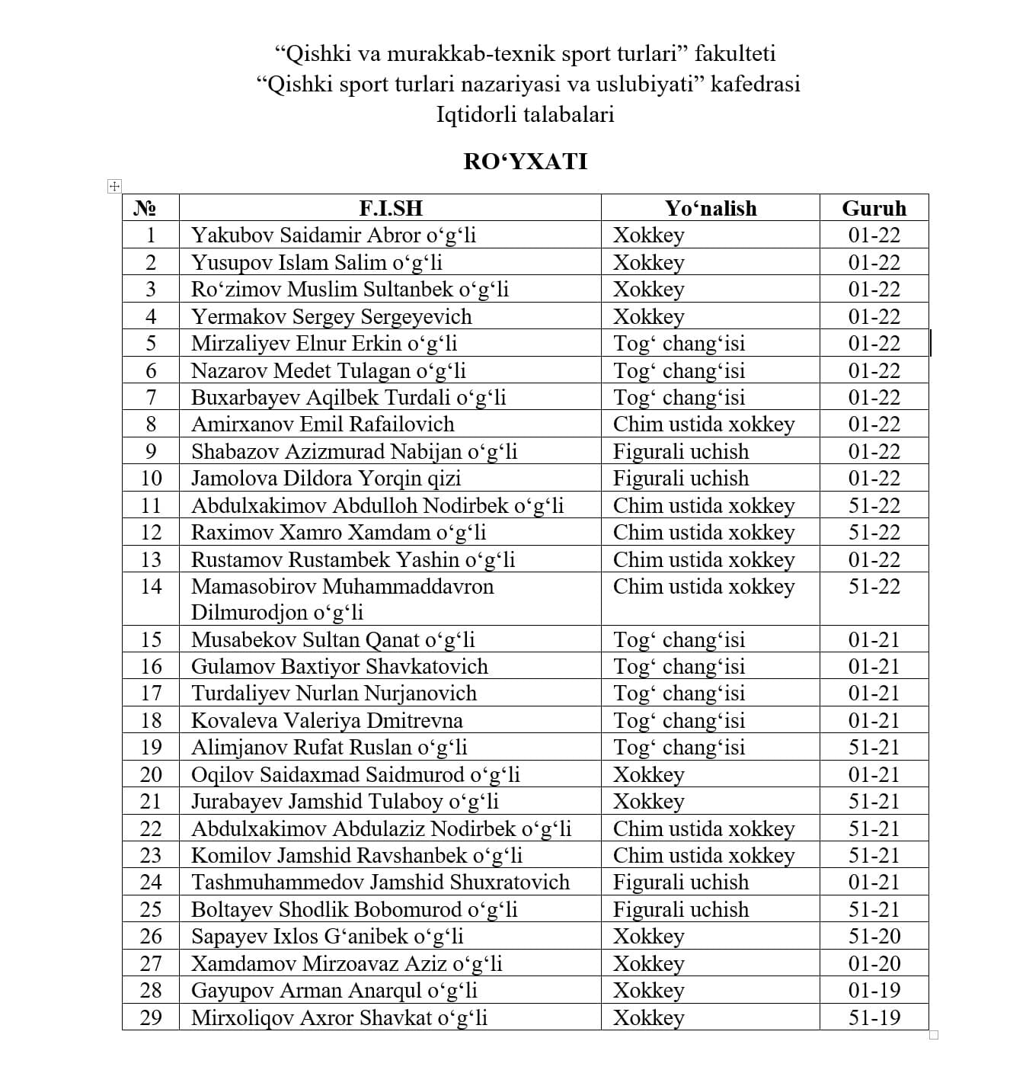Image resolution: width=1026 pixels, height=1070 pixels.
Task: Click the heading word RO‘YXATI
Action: [525, 162]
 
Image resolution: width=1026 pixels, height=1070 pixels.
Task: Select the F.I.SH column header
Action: [390, 208]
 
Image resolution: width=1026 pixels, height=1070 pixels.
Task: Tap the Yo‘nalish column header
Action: [710, 208]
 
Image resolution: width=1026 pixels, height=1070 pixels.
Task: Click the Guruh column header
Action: [874, 208]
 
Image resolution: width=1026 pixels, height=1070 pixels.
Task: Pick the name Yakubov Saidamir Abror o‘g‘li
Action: [334, 235]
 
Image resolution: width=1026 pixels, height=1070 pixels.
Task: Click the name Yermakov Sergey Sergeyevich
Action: [331, 316]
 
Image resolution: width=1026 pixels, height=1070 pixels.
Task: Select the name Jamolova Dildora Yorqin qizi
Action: [326, 478]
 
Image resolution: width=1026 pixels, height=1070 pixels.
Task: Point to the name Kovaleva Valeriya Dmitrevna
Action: [327, 720]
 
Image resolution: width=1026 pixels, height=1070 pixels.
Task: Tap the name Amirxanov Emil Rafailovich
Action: [322, 424]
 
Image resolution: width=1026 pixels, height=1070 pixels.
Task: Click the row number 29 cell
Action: [151, 1017]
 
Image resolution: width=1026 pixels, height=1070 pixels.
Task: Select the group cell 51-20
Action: [874, 936]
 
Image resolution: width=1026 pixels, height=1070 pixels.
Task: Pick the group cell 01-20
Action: [874, 963]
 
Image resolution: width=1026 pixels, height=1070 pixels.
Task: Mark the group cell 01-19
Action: [874, 990]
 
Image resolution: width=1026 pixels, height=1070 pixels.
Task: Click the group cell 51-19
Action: [874, 1017]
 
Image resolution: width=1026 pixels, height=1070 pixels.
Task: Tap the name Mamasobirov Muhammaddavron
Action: [342, 586]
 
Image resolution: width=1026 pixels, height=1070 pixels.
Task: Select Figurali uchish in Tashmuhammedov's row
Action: [681, 882]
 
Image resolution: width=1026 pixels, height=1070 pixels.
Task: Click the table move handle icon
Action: [114, 186]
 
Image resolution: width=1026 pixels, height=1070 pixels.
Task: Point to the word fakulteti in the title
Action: [735, 53]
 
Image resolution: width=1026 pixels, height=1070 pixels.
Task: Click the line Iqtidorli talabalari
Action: [525, 114]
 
